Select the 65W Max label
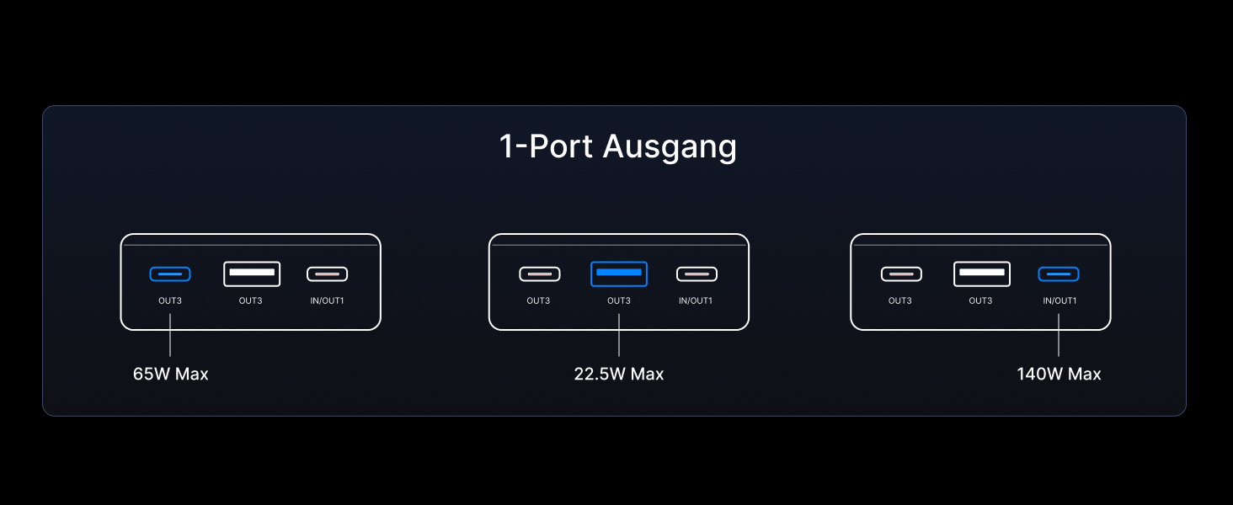point(170,374)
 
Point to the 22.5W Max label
point(618,374)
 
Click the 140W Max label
point(1059,374)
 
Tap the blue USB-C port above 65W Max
point(170,274)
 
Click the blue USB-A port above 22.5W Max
point(619,274)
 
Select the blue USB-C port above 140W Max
point(1059,274)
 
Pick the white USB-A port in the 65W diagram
point(252,274)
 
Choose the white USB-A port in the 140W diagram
point(982,274)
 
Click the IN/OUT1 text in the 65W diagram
point(327,300)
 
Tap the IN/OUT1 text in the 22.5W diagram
point(696,300)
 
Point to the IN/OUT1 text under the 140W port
point(1060,300)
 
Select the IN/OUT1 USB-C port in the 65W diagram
point(327,274)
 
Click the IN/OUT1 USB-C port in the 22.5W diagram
point(697,274)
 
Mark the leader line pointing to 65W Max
point(170,335)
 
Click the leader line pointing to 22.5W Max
point(619,335)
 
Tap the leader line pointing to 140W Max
point(1059,335)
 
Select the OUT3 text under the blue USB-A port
point(619,300)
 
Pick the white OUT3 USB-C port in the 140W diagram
point(901,274)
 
